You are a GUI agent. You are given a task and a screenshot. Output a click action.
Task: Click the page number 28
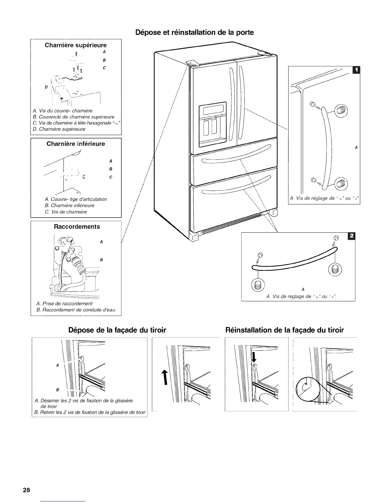point(26,490)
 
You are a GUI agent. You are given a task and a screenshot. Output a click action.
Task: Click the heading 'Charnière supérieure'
point(76,45)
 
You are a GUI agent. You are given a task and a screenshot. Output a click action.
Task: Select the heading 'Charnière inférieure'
point(76,144)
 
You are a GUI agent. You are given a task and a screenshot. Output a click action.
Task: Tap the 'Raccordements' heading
point(77,227)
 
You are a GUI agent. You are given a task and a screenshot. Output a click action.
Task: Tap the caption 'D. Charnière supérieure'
point(59,129)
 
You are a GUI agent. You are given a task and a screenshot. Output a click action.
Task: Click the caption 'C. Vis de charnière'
point(66,212)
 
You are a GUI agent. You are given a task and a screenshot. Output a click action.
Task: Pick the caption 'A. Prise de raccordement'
point(65,304)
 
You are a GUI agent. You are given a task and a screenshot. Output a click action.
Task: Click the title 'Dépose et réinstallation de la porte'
point(194,32)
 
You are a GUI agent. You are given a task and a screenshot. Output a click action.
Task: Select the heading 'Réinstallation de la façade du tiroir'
point(284,330)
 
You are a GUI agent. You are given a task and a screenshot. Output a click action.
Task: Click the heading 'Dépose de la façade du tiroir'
point(117,330)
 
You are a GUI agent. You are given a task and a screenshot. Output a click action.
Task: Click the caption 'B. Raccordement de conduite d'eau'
point(76,310)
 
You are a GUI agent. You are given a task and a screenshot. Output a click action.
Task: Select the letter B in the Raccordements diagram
point(101,260)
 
